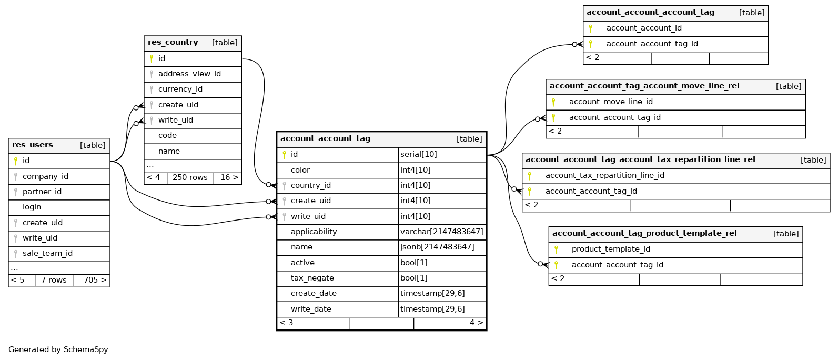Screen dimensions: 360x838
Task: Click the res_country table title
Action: point(173,43)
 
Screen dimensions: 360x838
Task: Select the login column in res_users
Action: point(32,207)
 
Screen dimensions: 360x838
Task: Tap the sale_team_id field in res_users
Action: point(47,254)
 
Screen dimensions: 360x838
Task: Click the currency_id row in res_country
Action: point(180,89)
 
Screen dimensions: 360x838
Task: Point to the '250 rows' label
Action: point(190,178)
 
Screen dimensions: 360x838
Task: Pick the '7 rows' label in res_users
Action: point(54,281)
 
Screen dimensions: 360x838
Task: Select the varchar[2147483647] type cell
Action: point(441,232)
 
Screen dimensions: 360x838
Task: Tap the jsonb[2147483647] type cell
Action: point(437,247)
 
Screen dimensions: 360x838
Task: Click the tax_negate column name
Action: point(312,278)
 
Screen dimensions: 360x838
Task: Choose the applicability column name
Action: point(314,232)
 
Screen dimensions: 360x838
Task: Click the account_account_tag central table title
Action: point(325,139)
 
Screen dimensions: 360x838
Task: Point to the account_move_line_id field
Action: point(611,102)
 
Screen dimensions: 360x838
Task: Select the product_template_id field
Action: point(611,249)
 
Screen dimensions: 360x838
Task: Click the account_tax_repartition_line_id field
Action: point(604,176)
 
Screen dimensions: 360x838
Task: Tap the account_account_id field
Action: point(644,28)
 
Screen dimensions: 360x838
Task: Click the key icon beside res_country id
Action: point(152,59)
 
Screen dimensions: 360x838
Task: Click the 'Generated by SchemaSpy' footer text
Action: point(58,350)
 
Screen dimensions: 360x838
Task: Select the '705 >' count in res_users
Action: point(95,281)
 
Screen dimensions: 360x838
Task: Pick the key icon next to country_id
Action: point(284,186)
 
